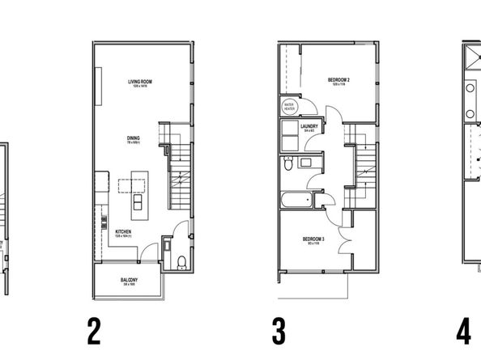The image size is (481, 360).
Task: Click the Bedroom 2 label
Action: point(338,80)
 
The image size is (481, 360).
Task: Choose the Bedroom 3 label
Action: point(313,239)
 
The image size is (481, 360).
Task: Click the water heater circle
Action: point(288,107)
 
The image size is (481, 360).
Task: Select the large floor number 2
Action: point(94,331)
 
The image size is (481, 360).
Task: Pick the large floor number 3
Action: point(278,331)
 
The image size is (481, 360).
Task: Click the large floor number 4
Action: point(463,331)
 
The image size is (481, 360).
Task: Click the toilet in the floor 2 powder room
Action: point(181,260)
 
